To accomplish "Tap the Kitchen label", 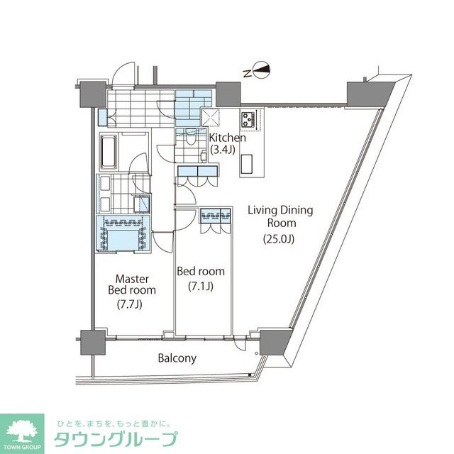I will click(x=228, y=137).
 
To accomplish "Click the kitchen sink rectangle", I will click(x=249, y=165).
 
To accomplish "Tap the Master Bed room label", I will click(x=132, y=284).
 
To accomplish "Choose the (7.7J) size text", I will click(x=132, y=306).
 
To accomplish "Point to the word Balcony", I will click(x=177, y=358).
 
